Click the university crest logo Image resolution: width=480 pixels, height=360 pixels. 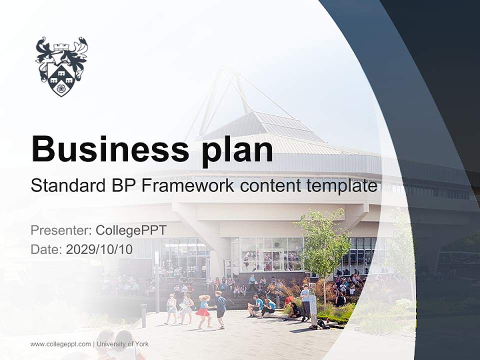61,65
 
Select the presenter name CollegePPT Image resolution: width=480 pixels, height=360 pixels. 131,230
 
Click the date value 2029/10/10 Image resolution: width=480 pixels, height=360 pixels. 99,249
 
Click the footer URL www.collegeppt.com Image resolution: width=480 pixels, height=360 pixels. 60,344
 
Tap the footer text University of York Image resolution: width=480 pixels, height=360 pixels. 122,344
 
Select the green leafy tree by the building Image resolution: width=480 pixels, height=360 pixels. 324,240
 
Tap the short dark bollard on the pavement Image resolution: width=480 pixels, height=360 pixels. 143,315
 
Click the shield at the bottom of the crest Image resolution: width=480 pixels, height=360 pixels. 61,80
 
